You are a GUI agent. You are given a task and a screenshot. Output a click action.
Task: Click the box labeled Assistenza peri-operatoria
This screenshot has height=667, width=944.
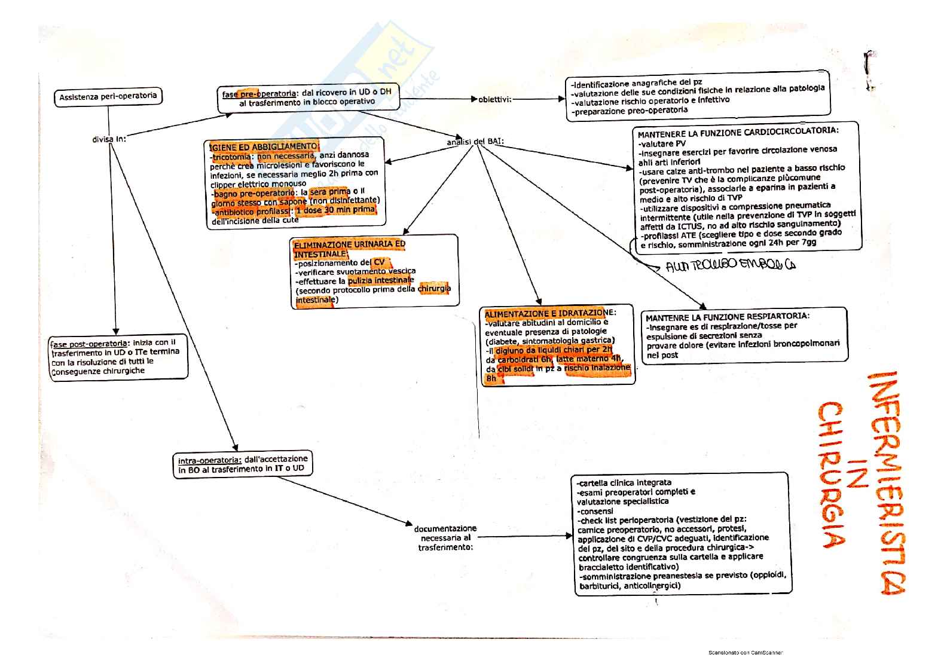pos(108,96)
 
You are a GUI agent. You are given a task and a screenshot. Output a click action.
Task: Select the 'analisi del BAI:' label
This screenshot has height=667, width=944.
pos(475,142)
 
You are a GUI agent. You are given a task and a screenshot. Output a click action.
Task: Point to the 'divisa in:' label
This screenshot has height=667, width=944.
pos(109,139)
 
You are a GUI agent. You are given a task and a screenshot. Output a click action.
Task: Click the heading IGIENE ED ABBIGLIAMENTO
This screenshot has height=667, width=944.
pos(262,146)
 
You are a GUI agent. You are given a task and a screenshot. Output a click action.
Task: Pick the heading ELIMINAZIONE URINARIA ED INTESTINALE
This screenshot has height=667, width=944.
pos(349,249)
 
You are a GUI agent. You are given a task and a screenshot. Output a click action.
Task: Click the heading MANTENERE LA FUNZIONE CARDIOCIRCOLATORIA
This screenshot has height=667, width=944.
pos(738,131)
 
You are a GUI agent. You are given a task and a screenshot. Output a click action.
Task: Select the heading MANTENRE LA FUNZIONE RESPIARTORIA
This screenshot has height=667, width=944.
pos(728,316)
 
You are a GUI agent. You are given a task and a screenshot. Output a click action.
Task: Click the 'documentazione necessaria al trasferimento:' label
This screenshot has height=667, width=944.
pos(445,537)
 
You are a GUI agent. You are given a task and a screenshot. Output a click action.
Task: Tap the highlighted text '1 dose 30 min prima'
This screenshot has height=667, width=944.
pos(336,210)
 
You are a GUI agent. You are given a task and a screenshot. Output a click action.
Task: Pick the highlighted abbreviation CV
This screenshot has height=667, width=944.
pos(380,262)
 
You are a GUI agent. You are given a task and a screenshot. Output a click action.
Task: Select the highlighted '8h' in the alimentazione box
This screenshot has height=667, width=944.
pos(491,378)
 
